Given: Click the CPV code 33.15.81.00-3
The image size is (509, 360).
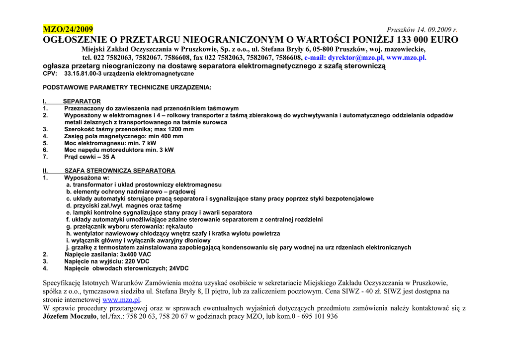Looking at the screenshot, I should tap(83, 74).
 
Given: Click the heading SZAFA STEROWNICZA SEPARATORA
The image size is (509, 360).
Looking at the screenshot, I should tap(120, 171).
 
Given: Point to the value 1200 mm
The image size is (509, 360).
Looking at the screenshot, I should tap(181, 129).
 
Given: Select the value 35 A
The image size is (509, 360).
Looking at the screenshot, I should tap(108, 157).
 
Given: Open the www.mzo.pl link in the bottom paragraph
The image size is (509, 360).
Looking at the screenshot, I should tap(121, 300).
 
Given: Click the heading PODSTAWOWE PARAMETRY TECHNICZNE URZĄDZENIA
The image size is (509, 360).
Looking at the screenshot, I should tap(127, 88).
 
